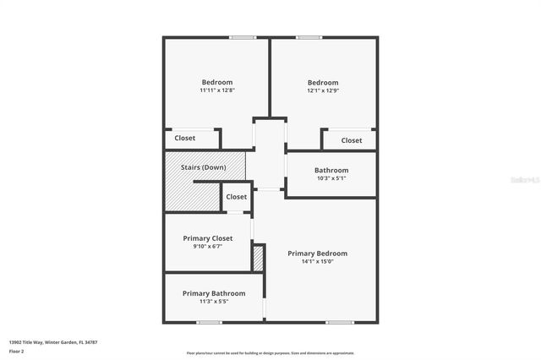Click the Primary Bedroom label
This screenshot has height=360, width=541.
(x=317, y=254)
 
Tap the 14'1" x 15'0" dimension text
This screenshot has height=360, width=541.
(x=317, y=262)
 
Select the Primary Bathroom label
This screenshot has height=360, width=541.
(x=214, y=293)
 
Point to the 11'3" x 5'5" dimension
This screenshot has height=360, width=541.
(x=214, y=302)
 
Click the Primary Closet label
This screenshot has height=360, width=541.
(x=208, y=238)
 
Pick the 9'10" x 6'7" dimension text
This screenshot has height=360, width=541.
(x=208, y=247)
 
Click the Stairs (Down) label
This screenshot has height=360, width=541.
(x=204, y=167)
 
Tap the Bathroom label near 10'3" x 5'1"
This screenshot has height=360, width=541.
(x=331, y=170)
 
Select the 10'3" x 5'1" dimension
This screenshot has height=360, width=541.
(x=331, y=178)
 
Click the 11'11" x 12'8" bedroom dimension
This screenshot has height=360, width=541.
(x=216, y=90)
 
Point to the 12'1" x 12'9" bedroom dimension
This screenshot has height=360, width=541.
(x=323, y=90)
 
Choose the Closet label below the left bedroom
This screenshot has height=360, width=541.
(x=185, y=139)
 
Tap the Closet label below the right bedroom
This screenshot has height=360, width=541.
(x=352, y=140)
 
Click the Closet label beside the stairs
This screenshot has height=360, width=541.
(x=237, y=197)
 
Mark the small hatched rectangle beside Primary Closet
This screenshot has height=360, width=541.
(x=259, y=258)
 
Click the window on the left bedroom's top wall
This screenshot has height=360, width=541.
(x=243, y=37)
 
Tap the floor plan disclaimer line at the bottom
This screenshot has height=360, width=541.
(x=270, y=353)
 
